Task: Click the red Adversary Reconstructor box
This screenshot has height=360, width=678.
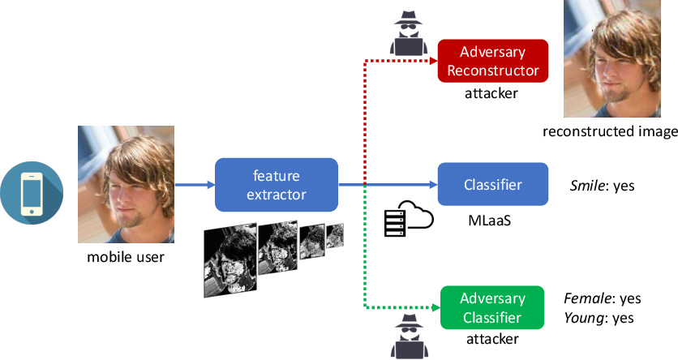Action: point(493,61)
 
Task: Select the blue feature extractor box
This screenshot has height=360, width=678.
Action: point(277,185)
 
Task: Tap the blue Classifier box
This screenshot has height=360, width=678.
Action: point(493,185)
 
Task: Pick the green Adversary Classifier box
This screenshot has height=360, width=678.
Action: point(492,308)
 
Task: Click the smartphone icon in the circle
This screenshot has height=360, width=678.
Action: point(32,193)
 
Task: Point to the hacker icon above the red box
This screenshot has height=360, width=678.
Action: point(409,33)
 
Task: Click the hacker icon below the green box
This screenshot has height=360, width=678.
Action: point(409,336)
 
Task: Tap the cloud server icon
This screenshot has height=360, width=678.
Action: point(409,219)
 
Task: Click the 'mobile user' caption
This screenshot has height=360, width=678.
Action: point(126,257)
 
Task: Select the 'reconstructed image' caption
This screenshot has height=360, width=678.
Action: point(610,131)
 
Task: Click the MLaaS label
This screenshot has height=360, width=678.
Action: point(490,221)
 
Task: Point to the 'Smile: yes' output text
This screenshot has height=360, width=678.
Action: point(603,186)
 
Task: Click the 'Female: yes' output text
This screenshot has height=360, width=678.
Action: point(603,298)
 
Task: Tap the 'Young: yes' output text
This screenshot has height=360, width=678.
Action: point(599,318)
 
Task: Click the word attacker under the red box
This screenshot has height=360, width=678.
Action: point(491,93)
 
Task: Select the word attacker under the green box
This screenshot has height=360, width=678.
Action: point(492,339)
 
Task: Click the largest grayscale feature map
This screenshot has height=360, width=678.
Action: point(230,260)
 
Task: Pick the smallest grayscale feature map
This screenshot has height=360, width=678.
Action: point(335,235)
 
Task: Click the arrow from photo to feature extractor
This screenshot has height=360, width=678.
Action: point(195,185)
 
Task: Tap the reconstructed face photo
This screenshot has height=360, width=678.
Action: point(611,58)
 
